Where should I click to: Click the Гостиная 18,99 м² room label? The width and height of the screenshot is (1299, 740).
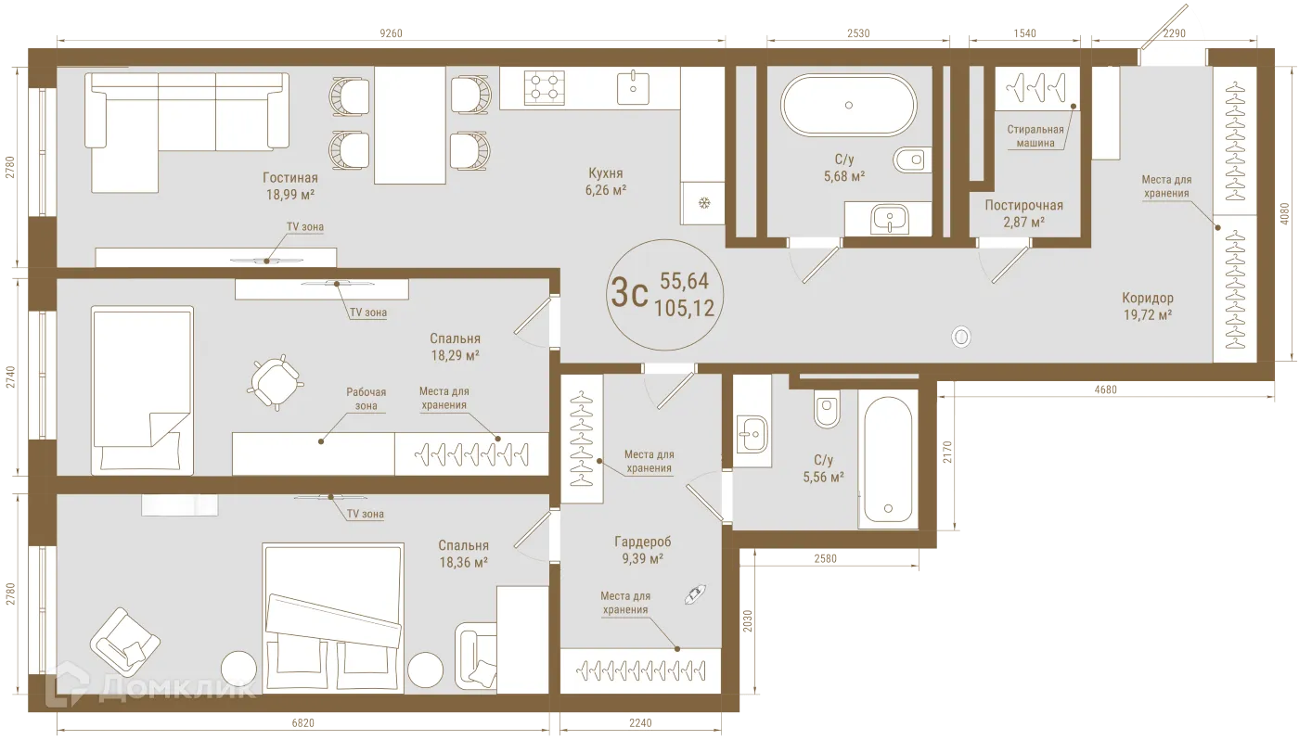(x=289, y=186)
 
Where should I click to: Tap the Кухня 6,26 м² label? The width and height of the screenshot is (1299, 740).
(x=606, y=181)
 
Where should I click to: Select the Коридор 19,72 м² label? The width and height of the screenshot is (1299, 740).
(x=1147, y=307)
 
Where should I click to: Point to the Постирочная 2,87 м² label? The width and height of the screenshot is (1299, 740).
(x=1023, y=213)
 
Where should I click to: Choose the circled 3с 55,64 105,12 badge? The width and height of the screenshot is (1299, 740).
(x=665, y=294)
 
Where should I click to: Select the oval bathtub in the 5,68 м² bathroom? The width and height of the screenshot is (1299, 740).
(x=848, y=106)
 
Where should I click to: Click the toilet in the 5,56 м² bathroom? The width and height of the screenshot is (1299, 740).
(x=827, y=408)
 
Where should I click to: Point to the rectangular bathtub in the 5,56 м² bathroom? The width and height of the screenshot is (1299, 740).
(x=888, y=459)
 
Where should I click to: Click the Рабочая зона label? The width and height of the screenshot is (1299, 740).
(x=367, y=399)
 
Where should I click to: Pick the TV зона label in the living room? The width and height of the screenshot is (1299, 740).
(x=305, y=226)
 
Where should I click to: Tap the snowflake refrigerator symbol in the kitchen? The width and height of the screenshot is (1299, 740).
(x=702, y=203)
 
